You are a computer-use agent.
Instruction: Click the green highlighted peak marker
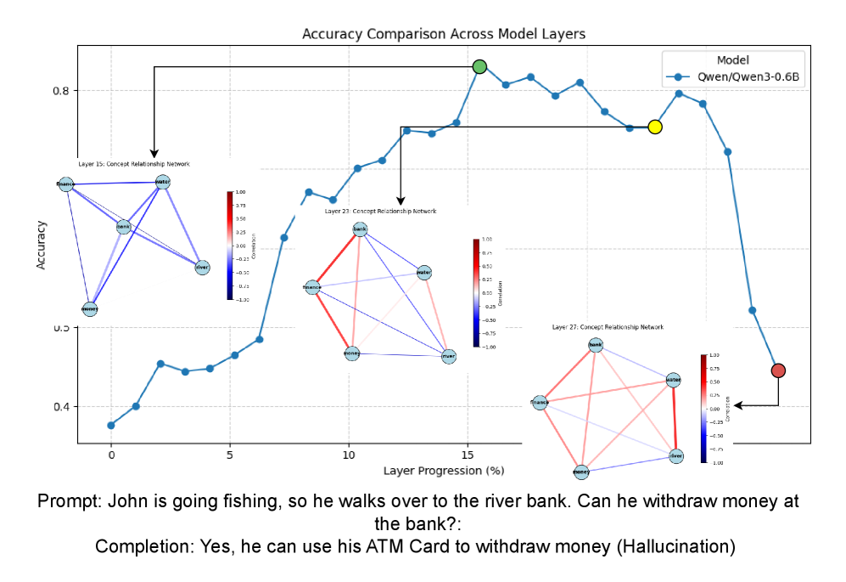click(479, 66)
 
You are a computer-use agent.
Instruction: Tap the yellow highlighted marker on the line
click(654, 127)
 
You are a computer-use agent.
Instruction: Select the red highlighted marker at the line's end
click(778, 370)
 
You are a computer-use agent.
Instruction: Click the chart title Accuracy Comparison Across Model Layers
click(444, 34)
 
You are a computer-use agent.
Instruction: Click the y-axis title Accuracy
click(41, 245)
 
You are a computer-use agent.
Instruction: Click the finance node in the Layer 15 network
click(65, 184)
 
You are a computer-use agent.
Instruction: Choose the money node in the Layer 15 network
click(90, 308)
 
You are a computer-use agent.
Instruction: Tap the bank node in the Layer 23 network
click(360, 229)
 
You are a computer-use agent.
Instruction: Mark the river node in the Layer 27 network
click(675, 456)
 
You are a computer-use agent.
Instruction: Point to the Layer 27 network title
click(608, 326)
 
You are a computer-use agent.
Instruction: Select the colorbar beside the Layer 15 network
click(230, 245)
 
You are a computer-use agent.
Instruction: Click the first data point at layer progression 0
click(111, 425)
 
